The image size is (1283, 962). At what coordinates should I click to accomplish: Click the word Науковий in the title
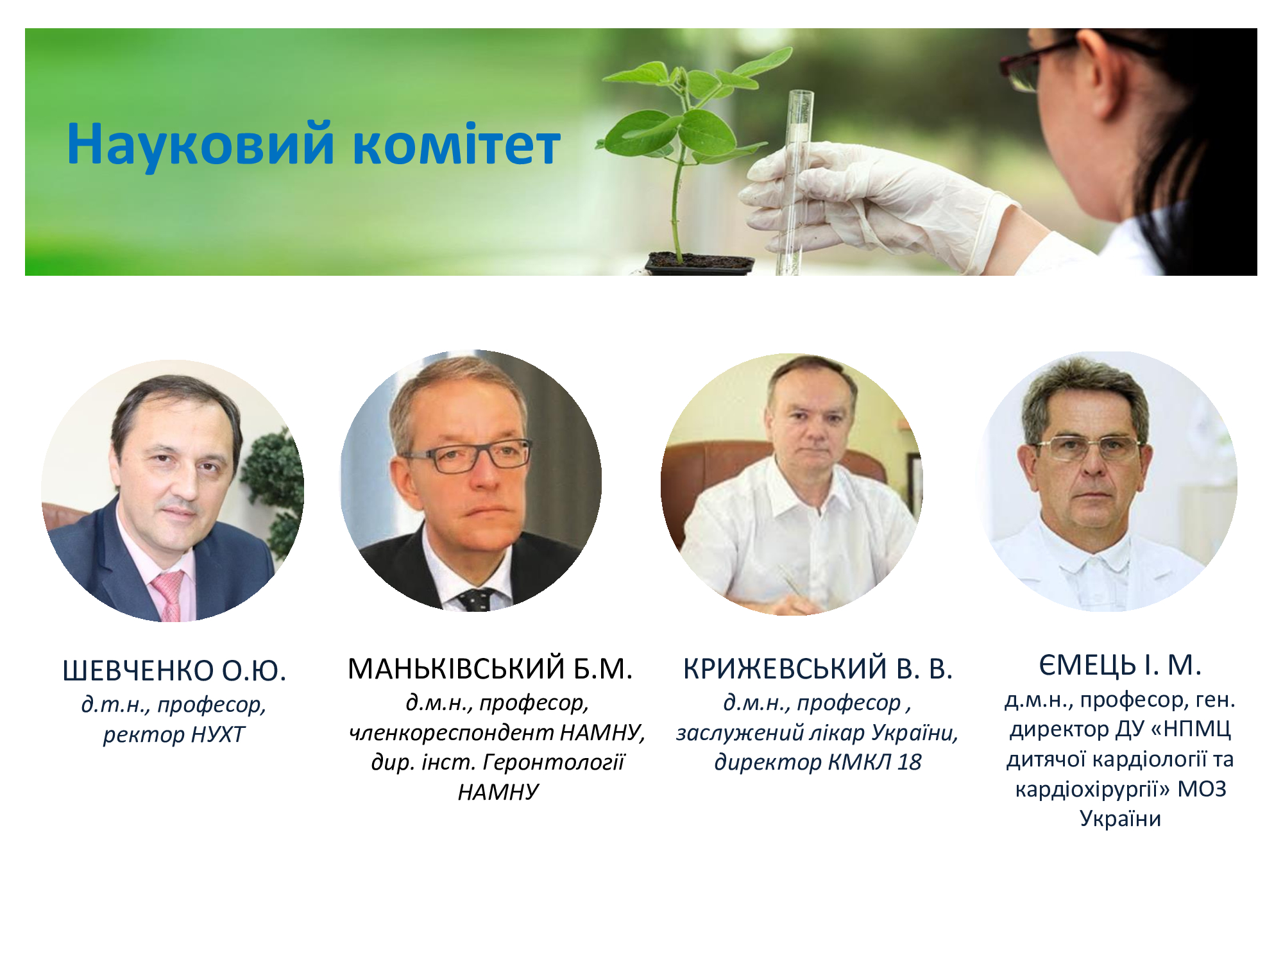click(x=201, y=144)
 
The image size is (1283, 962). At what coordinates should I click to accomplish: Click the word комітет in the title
click(x=457, y=145)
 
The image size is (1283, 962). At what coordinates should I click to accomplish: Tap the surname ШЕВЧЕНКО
click(x=138, y=671)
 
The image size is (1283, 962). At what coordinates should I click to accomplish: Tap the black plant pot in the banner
click(x=699, y=263)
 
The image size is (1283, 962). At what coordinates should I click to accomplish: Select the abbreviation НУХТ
click(x=218, y=734)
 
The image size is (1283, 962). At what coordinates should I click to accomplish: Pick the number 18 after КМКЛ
click(x=909, y=762)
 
